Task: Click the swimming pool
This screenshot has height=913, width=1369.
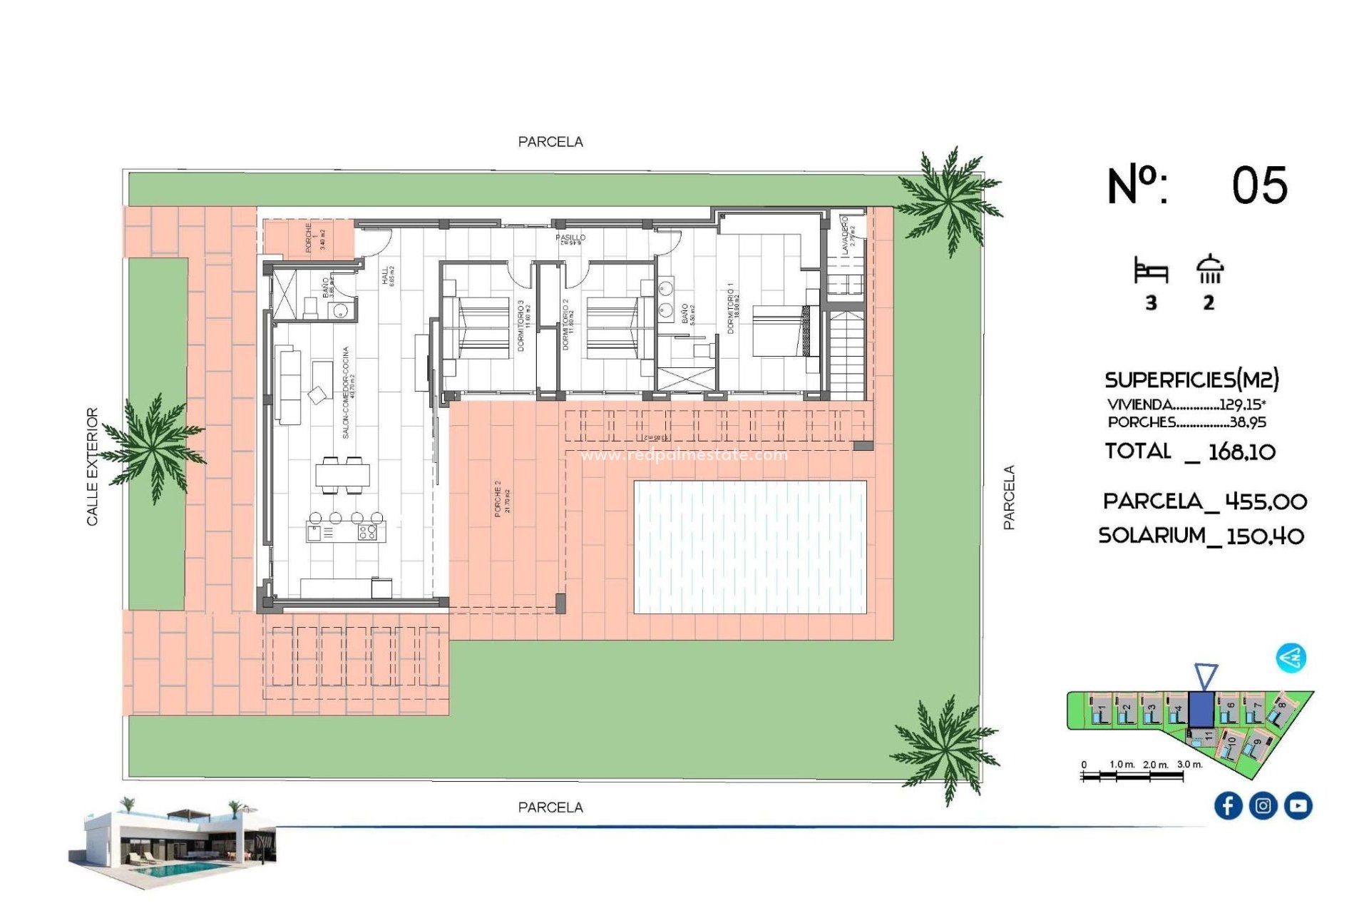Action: coord(749,546)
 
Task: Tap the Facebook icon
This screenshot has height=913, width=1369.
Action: coord(1228,805)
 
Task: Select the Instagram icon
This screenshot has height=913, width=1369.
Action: coord(1263,805)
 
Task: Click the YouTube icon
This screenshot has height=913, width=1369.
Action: coord(1298,805)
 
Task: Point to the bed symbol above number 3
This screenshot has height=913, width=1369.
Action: coord(1151,272)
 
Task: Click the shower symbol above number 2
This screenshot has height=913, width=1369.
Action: coord(1209,269)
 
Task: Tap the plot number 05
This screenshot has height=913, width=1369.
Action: coord(1259,185)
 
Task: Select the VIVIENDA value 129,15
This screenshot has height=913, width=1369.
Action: coord(1242,404)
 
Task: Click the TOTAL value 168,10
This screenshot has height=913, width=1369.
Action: coord(1241,452)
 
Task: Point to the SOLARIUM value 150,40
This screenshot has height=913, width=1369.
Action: coord(1265,536)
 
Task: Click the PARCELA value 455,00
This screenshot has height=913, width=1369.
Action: coord(1266,501)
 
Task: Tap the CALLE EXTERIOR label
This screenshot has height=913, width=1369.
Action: coord(92,466)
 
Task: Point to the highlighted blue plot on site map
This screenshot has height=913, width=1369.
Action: coord(1201,709)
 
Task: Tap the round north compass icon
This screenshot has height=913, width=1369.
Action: coord(1291,658)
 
